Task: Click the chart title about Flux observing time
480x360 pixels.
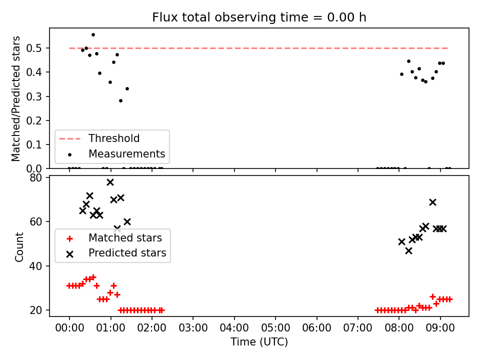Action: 259,17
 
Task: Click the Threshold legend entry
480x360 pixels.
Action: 114,138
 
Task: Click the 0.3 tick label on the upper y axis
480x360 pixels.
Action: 33,96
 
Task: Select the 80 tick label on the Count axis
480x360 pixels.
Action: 35,177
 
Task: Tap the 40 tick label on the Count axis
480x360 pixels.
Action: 35,266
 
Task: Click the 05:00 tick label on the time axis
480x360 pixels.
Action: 275,328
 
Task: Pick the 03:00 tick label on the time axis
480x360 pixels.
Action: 193,328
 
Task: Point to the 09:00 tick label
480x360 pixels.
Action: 440,328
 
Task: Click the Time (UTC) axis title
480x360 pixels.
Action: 259,341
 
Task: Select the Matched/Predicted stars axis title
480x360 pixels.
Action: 15,98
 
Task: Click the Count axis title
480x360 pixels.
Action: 19,246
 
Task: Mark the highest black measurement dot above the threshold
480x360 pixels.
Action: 93,35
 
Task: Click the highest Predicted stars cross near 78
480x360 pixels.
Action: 110,182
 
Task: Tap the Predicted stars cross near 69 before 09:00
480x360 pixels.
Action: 432,202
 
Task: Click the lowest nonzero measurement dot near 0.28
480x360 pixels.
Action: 120,100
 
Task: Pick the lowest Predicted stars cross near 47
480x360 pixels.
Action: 408,251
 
